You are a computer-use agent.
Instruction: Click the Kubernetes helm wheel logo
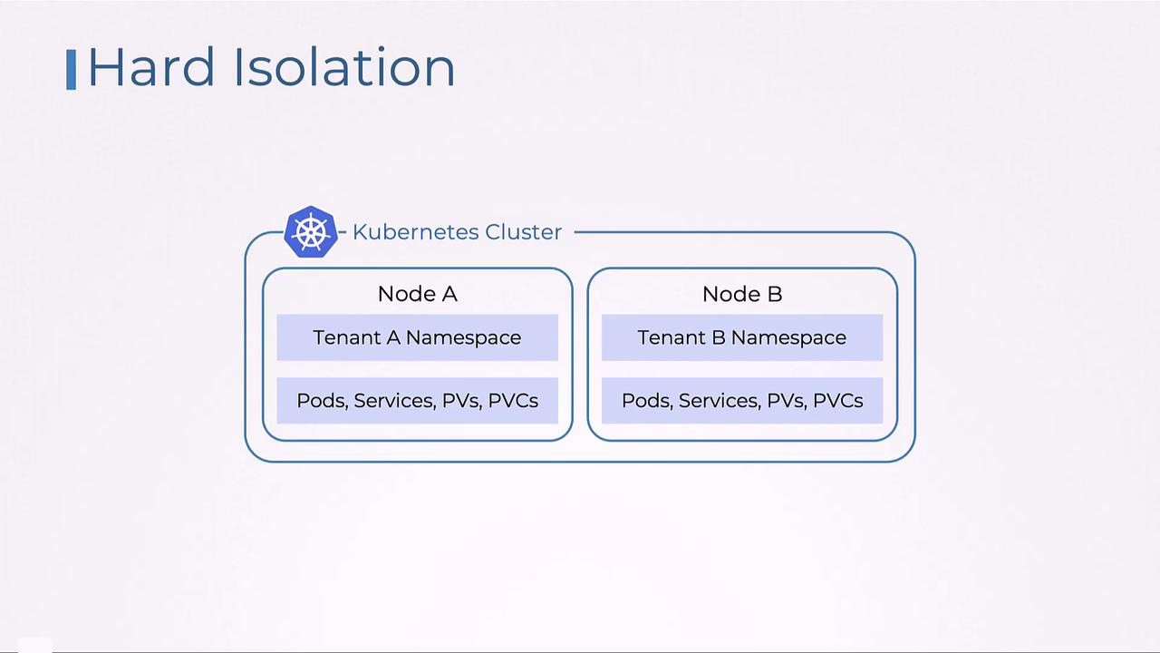(311, 232)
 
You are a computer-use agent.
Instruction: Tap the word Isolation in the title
(343, 68)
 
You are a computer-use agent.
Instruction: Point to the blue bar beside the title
(72, 70)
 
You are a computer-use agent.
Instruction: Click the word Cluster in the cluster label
(523, 232)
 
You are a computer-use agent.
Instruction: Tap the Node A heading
(417, 294)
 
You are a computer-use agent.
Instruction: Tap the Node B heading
(742, 294)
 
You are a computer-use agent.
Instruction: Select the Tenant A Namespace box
(417, 337)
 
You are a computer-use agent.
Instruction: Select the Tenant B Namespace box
(742, 337)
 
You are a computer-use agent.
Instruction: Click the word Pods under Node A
(321, 401)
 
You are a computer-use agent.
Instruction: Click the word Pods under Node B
(645, 401)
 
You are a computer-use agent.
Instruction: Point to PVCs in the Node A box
(513, 401)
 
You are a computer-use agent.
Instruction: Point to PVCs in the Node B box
(837, 401)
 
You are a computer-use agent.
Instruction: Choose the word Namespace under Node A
(463, 337)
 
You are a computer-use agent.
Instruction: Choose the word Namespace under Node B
(788, 337)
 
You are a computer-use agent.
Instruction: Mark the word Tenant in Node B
(670, 337)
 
